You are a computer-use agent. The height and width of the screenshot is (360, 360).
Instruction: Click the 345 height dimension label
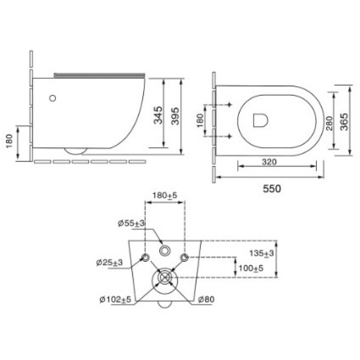(158, 115)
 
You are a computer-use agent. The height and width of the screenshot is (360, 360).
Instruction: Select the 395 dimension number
(175, 116)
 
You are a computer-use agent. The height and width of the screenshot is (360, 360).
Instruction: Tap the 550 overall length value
(272, 189)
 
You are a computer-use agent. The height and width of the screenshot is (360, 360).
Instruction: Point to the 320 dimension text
(269, 162)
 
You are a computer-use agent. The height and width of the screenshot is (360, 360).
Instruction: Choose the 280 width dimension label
(329, 123)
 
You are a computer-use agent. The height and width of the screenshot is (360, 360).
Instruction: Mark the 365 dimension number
(344, 122)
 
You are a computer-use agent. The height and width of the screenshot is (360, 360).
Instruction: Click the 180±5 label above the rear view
(165, 196)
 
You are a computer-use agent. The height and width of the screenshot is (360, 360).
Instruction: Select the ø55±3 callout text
(131, 223)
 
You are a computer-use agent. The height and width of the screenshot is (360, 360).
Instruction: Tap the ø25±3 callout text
(109, 262)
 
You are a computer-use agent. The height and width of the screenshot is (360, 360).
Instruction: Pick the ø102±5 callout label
(115, 299)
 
